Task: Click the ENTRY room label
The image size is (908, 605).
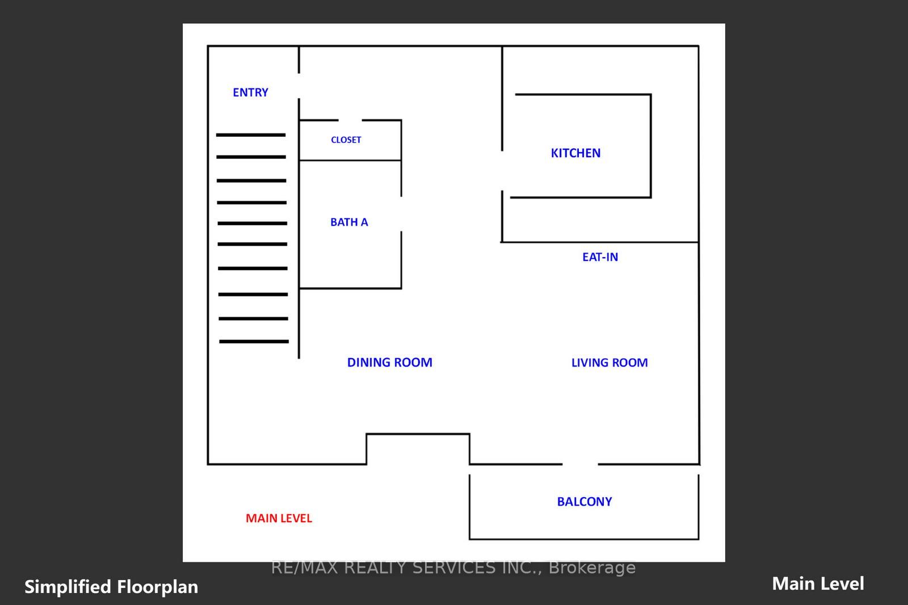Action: (250, 93)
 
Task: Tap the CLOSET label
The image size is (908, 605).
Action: (346, 140)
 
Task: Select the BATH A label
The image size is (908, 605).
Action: (349, 222)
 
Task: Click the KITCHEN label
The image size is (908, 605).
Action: (575, 153)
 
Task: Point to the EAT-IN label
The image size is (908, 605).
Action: (600, 257)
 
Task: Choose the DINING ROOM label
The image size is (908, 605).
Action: (389, 363)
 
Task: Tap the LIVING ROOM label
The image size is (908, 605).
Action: (609, 363)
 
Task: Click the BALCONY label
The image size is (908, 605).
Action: (584, 502)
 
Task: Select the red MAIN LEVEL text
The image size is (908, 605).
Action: (279, 518)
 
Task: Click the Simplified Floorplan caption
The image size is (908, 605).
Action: (111, 587)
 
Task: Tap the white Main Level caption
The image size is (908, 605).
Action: (818, 583)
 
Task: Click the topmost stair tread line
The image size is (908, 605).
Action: (250, 135)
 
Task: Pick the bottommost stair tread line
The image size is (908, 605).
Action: (254, 342)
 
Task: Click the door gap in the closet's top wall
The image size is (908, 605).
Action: (350, 120)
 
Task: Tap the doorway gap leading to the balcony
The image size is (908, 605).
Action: (580, 464)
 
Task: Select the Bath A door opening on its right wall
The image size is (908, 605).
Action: (401, 214)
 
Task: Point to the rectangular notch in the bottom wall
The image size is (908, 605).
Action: (418, 448)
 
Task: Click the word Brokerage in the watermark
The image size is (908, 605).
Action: (592, 568)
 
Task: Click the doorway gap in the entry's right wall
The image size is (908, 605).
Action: (299, 86)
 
